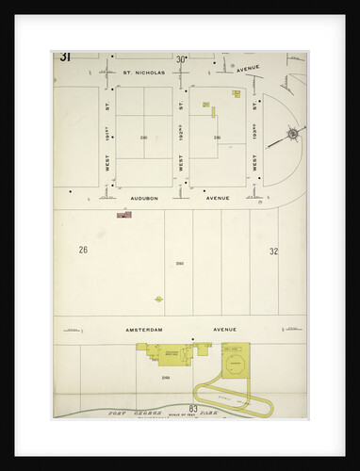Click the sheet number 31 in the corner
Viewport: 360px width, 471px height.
click(65, 57)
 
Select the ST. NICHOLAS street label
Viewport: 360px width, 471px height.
click(143, 72)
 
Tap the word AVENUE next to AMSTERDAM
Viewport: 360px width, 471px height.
click(218, 330)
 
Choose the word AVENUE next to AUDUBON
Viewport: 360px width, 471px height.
click(218, 199)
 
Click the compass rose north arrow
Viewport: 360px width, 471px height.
click(292, 135)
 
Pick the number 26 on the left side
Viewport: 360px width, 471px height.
click(83, 251)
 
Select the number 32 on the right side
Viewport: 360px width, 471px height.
click(273, 252)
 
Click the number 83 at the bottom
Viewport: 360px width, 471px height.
click(192, 409)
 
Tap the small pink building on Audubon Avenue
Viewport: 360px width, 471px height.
click(123, 216)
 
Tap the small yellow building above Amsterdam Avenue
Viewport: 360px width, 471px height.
click(158, 299)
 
